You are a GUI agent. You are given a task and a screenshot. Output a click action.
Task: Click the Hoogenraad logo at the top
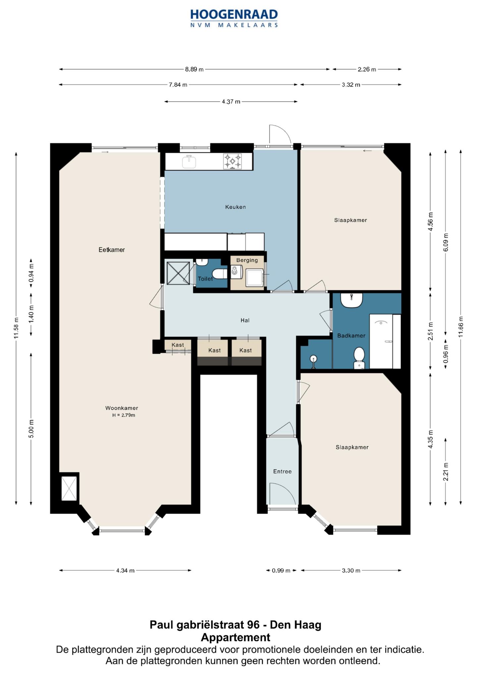pyautogui.click(x=234, y=18)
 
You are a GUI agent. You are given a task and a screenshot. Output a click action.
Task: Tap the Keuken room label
pyautogui.click(x=236, y=207)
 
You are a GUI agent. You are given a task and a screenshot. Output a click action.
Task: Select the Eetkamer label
pyautogui.click(x=112, y=250)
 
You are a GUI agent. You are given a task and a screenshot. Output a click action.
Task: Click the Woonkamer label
pyautogui.click(x=122, y=408)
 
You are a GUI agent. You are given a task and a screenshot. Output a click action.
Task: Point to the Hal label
pyautogui.click(x=245, y=320)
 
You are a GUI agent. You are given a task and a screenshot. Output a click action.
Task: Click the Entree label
pyautogui.click(x=283, y=471)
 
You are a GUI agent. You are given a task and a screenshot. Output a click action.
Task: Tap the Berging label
pyautogui.click(x=247, y=260)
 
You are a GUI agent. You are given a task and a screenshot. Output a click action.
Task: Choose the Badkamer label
pyautogui.click(x=351, y=336)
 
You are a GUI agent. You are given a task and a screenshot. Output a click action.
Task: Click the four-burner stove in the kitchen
pyautogui.click(x=233, y=161)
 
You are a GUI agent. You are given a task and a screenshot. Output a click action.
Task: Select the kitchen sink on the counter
pyautogui.click(x=189, y=161)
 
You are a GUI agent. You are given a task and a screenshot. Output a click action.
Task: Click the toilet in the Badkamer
pyautogui.click(x=359, y=358)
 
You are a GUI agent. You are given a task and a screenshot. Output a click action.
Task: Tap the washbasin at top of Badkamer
pyautogui.click(x=351, y=300)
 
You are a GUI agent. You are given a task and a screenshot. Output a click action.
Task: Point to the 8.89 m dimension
pyautogui.click(x=194, y=69)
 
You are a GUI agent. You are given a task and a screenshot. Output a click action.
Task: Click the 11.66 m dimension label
pyautogui.click(x=461, y=327)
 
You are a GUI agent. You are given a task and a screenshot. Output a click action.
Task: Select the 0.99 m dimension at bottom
pyautogui.click(x=281, y=571)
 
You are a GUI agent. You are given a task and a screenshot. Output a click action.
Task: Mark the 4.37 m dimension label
pyautogui.click(x=231, y=101)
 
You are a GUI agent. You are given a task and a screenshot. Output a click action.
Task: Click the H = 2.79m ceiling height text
pyautogui.click(x=124, y=415)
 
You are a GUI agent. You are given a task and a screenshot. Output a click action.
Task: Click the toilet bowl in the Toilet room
pyautogui.click(x=219, y=274)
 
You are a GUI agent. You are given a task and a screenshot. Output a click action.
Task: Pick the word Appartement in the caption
pyautogui.click(x=236, y=637)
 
